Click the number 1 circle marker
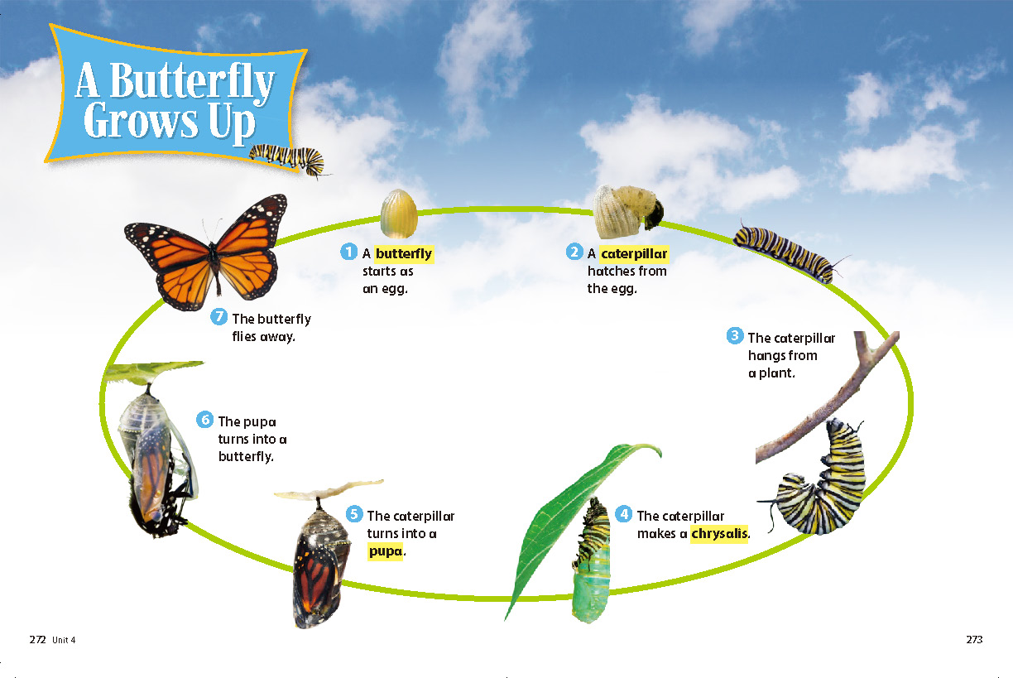click(x=348, y=252)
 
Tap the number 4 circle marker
click(x=624, y=514)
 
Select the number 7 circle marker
click(x=218, y=316)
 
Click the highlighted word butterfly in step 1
click(x=404, y=254)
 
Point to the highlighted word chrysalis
click(x=719, y=534)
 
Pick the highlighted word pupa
click(x=386, y=551)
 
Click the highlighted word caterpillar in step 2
click(x=634, y=254)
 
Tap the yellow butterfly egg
click(x=398, y=214)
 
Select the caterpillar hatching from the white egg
click(x=627, y=211)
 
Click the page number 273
click(x=974, y=639)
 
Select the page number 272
click(x=37, y=640)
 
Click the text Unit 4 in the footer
click(x=64, y=640)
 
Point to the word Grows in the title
click(x=141, y=121)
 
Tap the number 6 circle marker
click(x=204, y=419)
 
